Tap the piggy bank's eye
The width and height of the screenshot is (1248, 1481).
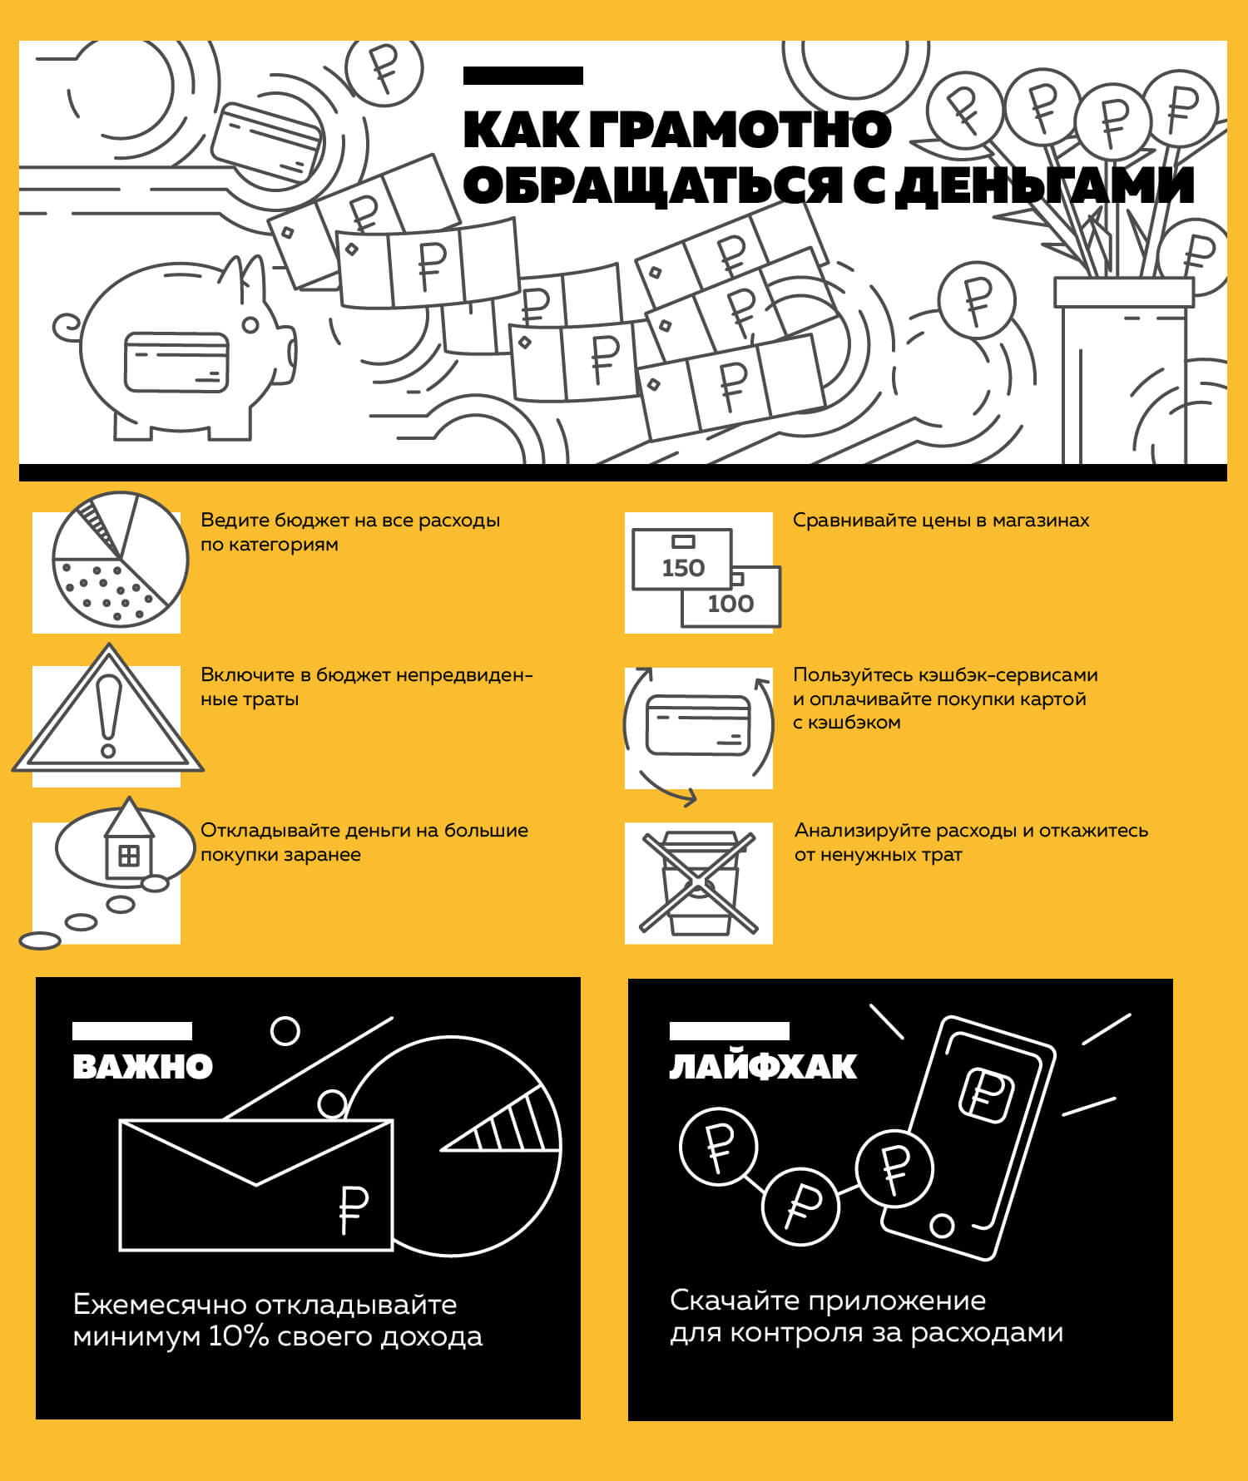pos(250,324)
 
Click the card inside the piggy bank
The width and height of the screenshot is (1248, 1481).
pos(176,363)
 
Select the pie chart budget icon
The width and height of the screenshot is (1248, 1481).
pos(120,559)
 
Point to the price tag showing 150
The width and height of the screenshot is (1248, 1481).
pos(682,559)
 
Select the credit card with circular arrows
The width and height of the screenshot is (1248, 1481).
pos(699,725)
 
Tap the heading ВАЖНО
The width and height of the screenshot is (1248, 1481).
pos(142,1067)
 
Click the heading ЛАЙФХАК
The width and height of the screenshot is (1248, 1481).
pos(763,1067)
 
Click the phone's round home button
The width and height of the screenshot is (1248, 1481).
pos(942,1225)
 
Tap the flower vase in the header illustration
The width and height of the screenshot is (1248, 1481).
pos(1123,370)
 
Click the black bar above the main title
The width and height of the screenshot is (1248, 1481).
pos(523,76)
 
